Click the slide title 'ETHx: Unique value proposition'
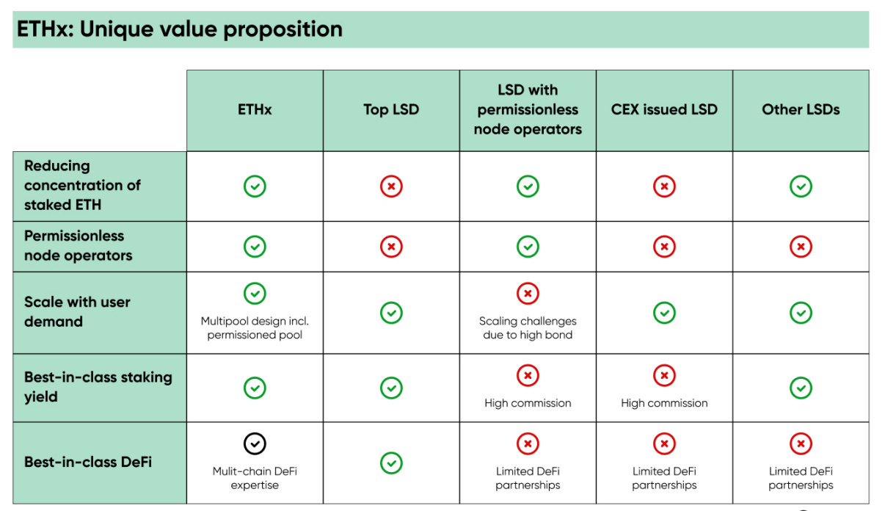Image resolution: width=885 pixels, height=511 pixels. (x=180, y=29)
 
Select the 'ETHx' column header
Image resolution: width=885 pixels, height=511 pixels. (x=255, y=110)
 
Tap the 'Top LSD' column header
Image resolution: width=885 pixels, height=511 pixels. (x=391, y=110)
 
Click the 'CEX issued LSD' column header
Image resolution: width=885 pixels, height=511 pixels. (x=664, y=110)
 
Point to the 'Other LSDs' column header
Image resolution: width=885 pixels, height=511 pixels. (x=801, y=110)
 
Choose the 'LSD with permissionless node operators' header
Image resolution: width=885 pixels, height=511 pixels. (x=528, y=109)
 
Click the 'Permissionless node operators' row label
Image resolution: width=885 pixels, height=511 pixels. (x=79, y=246)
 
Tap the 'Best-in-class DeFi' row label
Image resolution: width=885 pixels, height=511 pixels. (x=88, y=463)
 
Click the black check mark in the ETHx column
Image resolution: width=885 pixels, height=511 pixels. (x=255, y=443)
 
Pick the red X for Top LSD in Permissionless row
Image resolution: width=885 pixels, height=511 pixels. (x=391, y=247)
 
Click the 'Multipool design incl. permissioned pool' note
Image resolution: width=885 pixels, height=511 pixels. (x=255, y=328)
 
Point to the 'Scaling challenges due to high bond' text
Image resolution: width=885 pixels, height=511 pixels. (x=528, y=328)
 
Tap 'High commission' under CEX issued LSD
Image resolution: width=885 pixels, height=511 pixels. (x=664, y=403)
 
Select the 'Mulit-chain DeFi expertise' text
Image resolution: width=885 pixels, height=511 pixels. (x=255, y=478)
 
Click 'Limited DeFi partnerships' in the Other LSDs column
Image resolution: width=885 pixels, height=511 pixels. (x=801, y=478)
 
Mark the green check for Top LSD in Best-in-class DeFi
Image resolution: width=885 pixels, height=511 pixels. (x=391, y=463)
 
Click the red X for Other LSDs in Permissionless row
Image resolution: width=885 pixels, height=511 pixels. (x=801, y=247)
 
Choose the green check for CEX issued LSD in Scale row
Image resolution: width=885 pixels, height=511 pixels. (x=664, y=313)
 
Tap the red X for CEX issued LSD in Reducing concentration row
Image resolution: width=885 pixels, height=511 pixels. (x=664, y=186)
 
